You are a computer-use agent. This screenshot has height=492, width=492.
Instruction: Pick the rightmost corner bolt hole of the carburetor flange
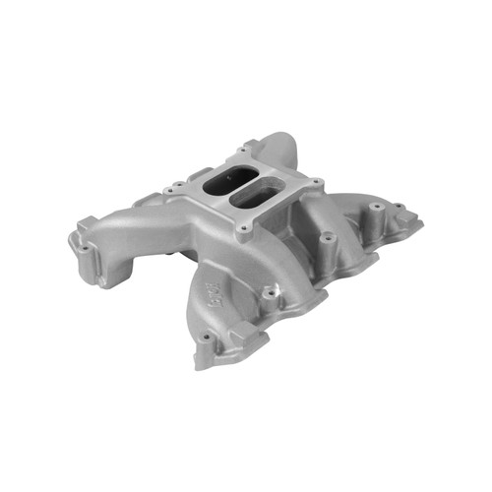click(317, 183)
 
